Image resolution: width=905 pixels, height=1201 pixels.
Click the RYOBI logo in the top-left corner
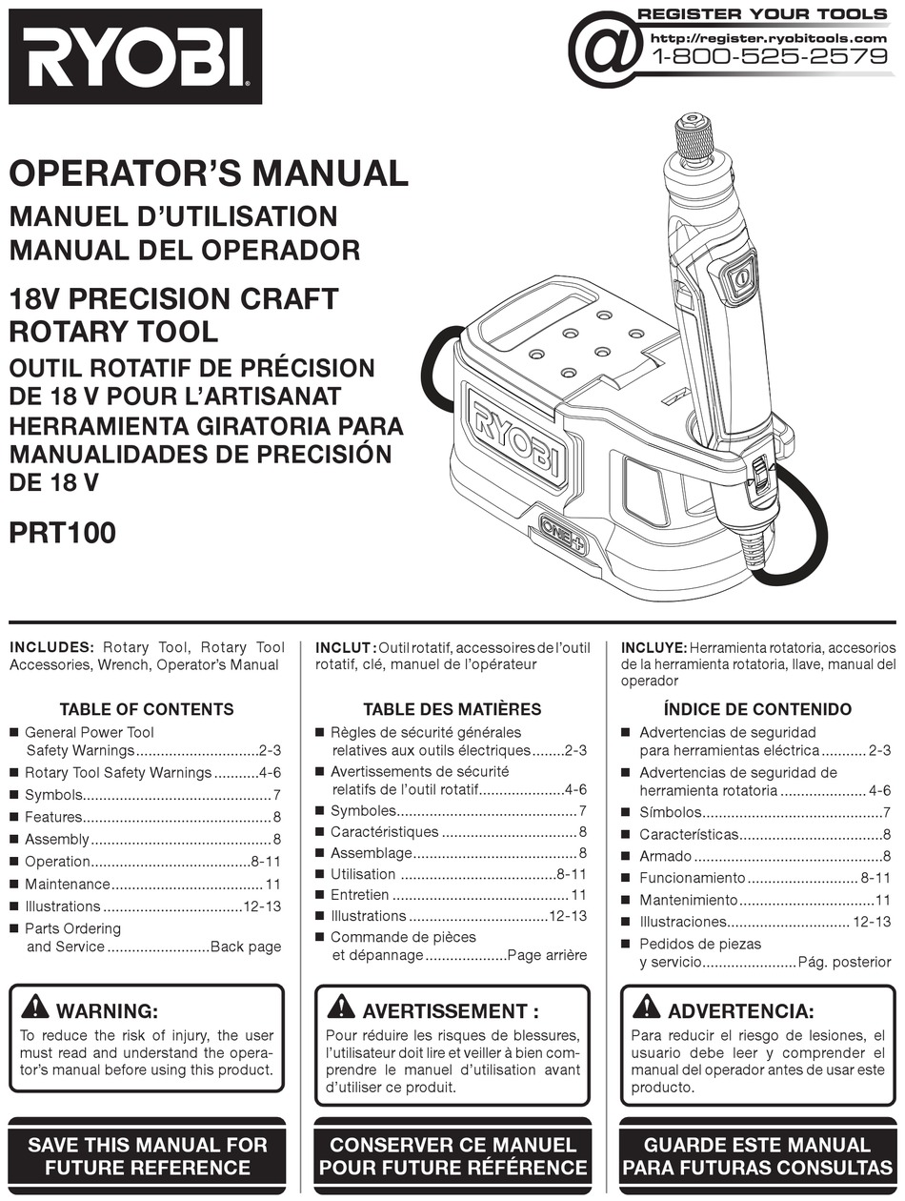(x=134, y=56)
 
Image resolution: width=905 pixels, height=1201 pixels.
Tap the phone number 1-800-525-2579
(x=768, y=56)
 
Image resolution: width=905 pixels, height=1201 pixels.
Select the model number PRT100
(x=62, y=532)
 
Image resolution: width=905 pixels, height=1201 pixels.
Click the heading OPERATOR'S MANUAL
(x=209, y=174)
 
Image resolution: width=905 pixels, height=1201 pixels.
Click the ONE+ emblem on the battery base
(x=563, y=535)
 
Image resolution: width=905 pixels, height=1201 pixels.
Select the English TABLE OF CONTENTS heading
(x=146, y=709)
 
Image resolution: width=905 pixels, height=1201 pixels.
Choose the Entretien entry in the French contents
(x=359, y=895)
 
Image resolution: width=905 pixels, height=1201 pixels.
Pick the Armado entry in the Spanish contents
(x=665, y=856)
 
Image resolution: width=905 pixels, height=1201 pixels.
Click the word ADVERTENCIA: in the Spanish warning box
(x=740, y=1011)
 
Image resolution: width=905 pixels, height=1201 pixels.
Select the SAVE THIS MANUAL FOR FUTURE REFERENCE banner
(x=147, y=1155)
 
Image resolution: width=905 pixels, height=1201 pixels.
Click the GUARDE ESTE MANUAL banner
(x=757, y=1155)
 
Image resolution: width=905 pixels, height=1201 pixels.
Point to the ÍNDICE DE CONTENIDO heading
(x=757, y=709)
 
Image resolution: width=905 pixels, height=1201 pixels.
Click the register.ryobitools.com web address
(x=768, y=37)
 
